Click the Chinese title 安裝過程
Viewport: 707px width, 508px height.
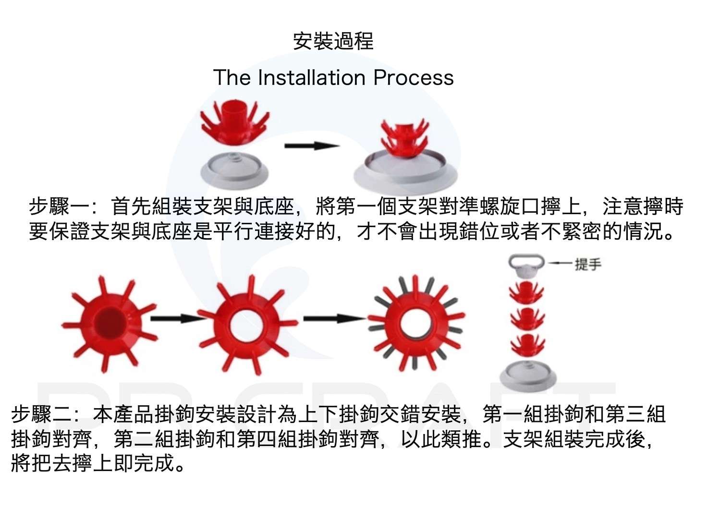[333, 41]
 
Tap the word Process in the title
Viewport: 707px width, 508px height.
[414, 77]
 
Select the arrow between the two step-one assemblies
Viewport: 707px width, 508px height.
[312, 145]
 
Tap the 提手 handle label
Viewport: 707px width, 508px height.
[587, 264]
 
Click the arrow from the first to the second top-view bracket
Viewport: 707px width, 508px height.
[175, 318]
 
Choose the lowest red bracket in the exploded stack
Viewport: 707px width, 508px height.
[527, 344]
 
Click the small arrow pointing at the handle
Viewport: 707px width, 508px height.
[560, 263]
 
